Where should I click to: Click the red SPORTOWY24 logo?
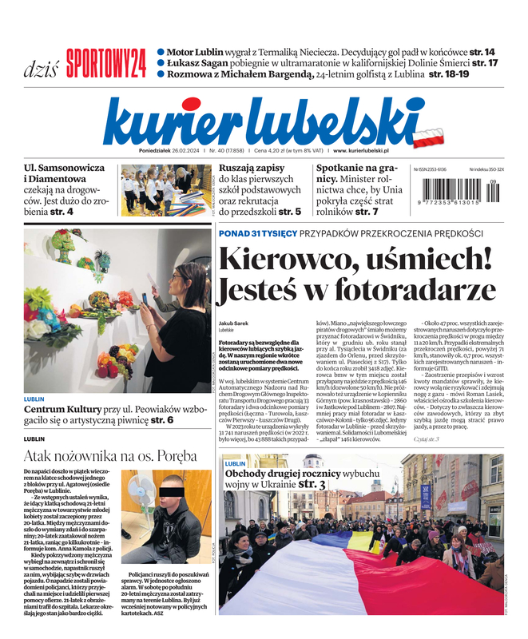point(105,63)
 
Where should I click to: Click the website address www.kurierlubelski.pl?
point(361,150)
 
